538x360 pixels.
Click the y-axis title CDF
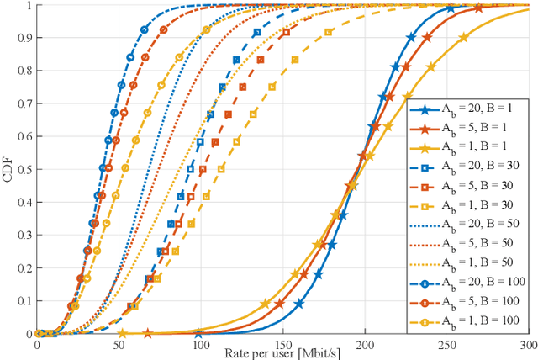tap(8, 168)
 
